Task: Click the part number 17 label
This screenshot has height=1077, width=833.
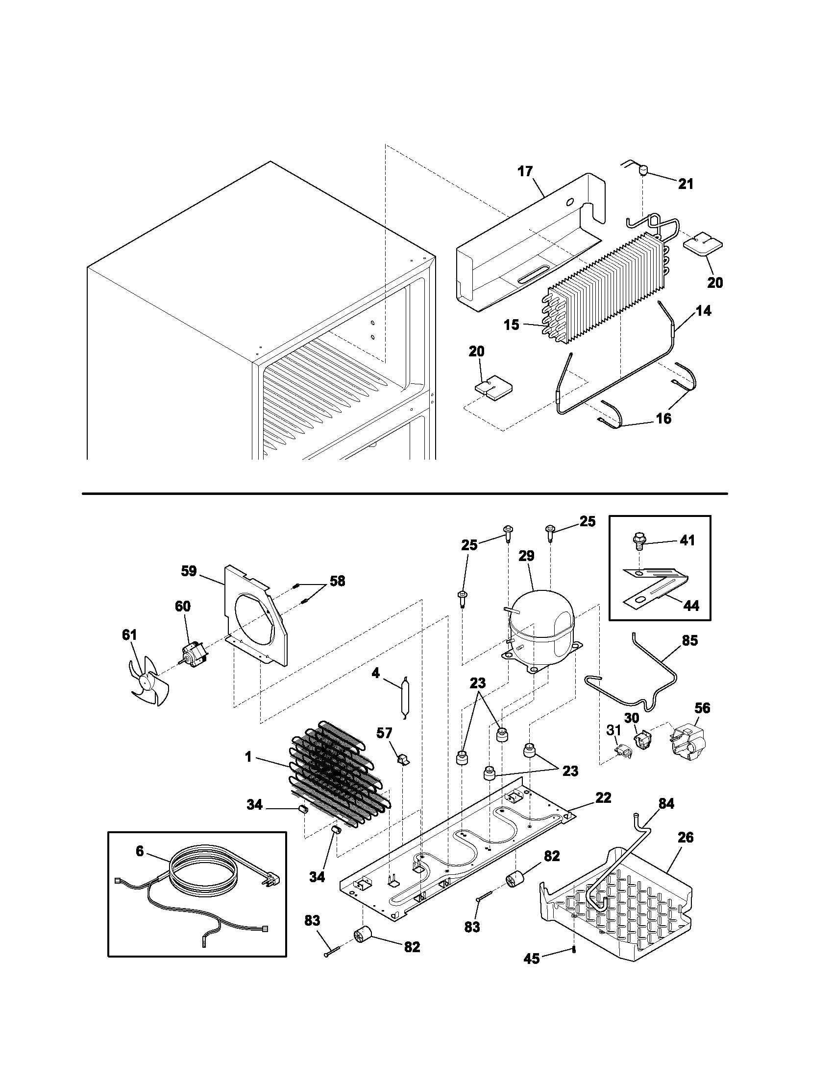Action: (525, 171)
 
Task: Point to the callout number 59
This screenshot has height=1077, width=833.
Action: (189, 571)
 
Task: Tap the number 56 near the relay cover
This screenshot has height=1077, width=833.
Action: (702, 708)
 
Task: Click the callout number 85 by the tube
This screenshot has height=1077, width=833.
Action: (690, 640)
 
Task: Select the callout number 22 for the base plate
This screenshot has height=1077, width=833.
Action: (603, 797)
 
